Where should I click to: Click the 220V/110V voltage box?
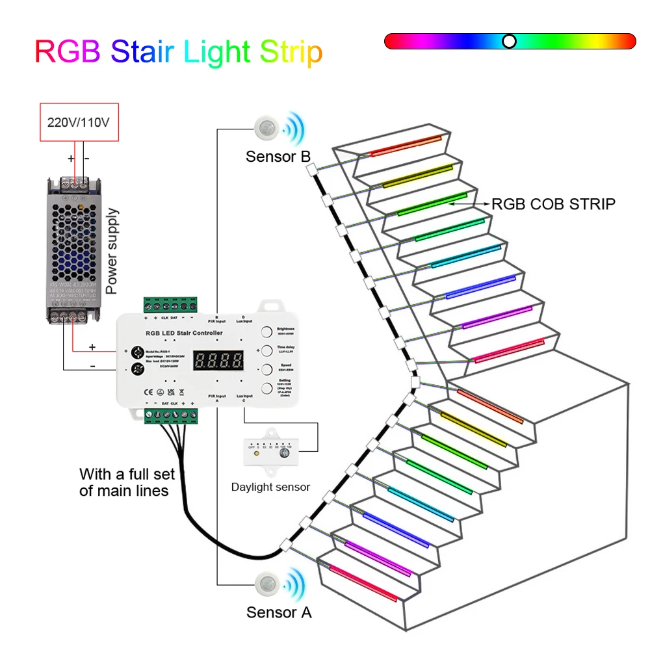[x=79, y=122]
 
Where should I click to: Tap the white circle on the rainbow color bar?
[x=510, y=42]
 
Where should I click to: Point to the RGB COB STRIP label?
[x=552, y=204]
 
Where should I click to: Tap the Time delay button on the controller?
[x=266, y=351]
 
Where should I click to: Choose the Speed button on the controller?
[x=266, y=370]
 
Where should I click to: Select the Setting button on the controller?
[x=266, y=389]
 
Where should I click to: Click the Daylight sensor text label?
[x=270, y=487]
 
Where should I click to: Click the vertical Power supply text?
[x=111, y=250]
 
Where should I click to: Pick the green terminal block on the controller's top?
[x=170, y=306]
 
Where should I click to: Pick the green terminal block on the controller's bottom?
[x=170, y=413]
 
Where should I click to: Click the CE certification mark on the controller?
[x=147, y=391]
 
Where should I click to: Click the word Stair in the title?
[x=144, y=51]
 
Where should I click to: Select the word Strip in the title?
[x=291, y=51]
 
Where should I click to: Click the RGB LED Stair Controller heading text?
[x=187, y=333]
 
